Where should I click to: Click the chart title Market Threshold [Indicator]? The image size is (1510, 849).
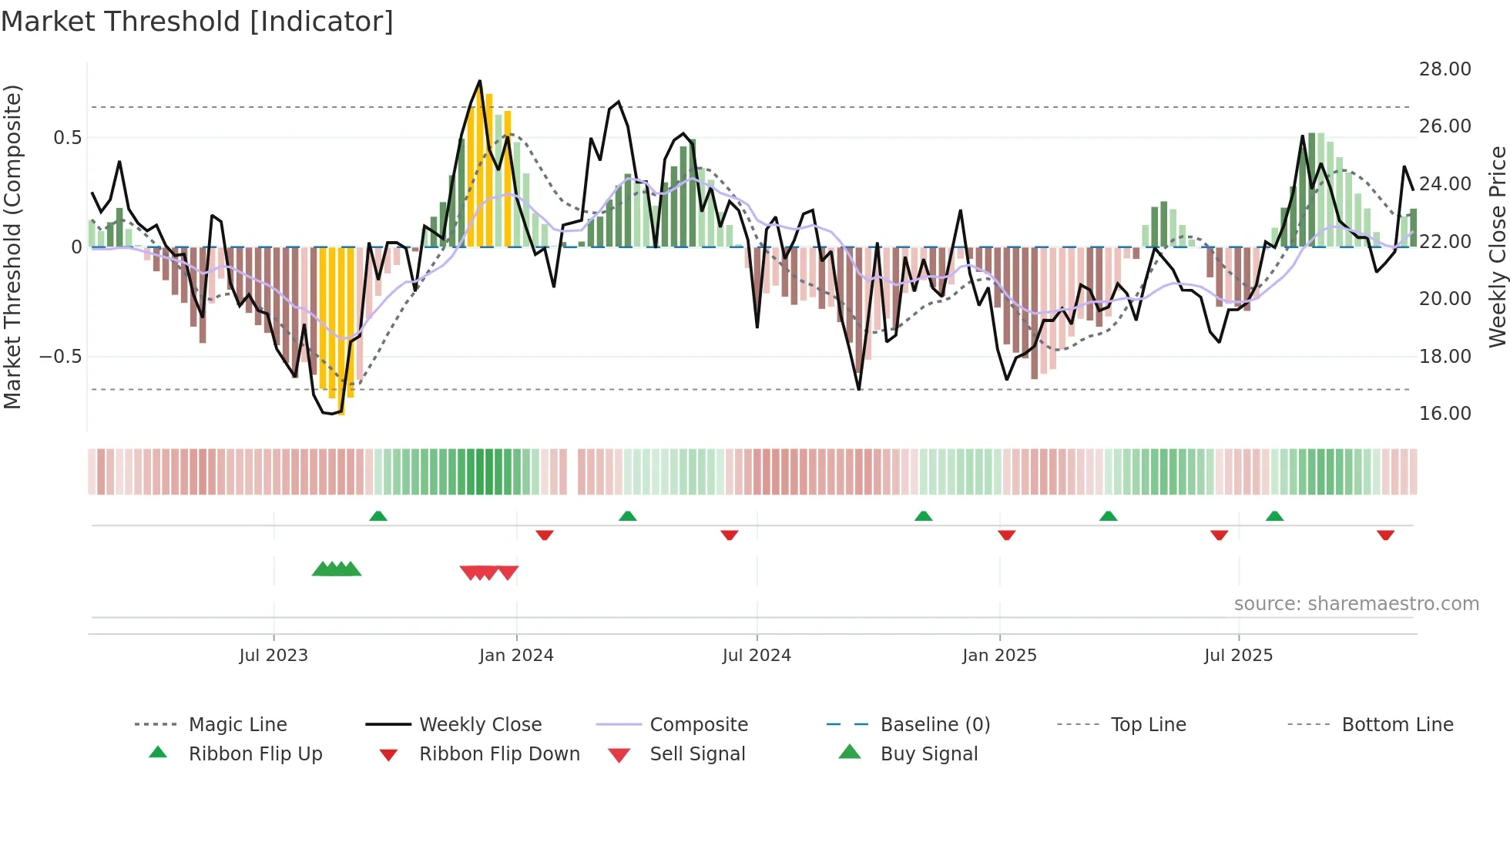point(197,22)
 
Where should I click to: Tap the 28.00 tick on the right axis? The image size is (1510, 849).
point(1445,69)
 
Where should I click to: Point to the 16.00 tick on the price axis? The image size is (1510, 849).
point(1445,414)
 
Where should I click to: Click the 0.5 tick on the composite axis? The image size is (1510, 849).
point(67,138)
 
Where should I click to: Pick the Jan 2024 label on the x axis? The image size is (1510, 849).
point(516,656)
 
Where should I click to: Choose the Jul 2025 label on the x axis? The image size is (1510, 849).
point(1238,656)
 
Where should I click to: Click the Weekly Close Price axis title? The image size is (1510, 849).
point(1497,247)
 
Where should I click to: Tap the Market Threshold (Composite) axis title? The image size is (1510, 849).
point(12,247)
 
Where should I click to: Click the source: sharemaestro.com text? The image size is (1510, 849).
point(1356,604)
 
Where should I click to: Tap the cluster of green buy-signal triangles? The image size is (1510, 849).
point(337,569)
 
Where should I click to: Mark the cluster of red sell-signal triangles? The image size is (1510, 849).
point(489,572)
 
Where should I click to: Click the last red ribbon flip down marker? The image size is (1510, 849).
point(1385,535)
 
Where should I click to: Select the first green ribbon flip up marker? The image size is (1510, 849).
point(377,516)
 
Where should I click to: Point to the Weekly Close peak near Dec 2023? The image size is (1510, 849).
point(480,81)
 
